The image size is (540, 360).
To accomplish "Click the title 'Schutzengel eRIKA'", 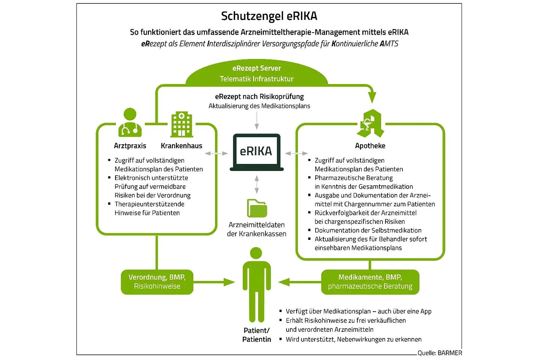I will (x=269, y=16).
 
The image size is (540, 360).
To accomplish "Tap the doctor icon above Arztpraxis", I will (x=130, y=123).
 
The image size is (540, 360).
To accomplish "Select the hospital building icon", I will (x=181, y=124).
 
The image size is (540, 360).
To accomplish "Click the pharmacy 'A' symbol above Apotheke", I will (x=370, y=124).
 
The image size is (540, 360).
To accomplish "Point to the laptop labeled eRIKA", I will (x=256, y=152).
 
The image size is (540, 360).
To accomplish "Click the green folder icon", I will (x=257, y=208).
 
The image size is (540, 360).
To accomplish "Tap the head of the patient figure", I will (x=256, y=253).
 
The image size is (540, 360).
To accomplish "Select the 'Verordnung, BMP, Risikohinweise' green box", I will (x=157, y=282).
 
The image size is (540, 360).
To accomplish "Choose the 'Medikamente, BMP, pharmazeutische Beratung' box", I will (x=370, y=282).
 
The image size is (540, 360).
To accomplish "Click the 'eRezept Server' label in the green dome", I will (x=256, y=68).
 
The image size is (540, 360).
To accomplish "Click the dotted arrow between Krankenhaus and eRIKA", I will (x=216, y=153).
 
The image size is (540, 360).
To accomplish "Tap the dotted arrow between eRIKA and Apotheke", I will (x=296, y=153).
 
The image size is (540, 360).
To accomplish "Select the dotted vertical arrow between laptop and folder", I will (x=257, y=184).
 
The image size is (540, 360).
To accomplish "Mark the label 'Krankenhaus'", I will (x=181, y=146).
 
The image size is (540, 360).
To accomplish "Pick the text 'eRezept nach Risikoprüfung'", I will (x=259, y=97).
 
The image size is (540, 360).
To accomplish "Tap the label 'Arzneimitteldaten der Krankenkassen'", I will (x=256, y=229).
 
